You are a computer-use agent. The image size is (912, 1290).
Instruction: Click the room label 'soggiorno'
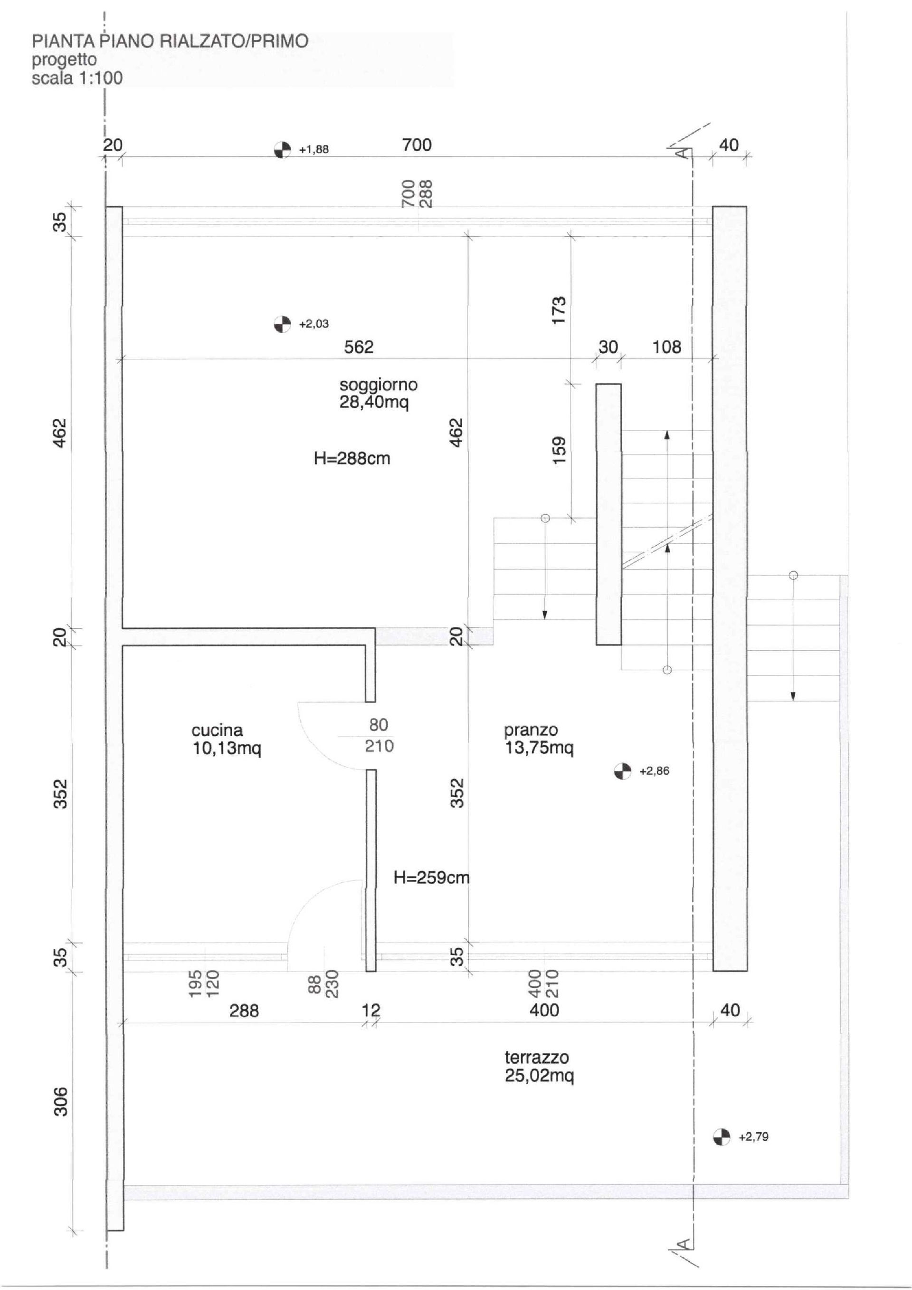pos(379,385)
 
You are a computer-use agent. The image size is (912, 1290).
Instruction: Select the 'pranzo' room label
pos(531,731)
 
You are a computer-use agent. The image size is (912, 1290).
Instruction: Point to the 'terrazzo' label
pos(537,1058)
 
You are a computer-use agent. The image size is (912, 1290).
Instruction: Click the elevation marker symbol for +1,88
pos(283,149)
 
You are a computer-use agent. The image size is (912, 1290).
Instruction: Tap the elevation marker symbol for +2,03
pos(283,324)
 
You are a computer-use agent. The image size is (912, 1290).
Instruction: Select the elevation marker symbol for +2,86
pos(623,771)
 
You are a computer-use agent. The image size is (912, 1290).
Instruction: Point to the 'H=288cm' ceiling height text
pos(352,459)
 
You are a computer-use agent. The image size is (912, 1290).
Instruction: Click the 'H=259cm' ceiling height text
pos(431,877)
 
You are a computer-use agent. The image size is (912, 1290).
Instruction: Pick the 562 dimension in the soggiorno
pos(359,347)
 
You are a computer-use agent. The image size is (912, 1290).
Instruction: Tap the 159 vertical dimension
pos(560,451)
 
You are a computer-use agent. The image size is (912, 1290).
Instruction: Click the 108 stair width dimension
pos(666,347)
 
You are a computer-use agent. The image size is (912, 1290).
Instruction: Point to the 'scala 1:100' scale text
pos(77,78)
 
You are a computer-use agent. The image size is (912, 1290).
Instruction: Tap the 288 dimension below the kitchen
pos(244,1011)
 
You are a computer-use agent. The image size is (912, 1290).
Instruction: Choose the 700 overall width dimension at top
pos(417,145)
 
